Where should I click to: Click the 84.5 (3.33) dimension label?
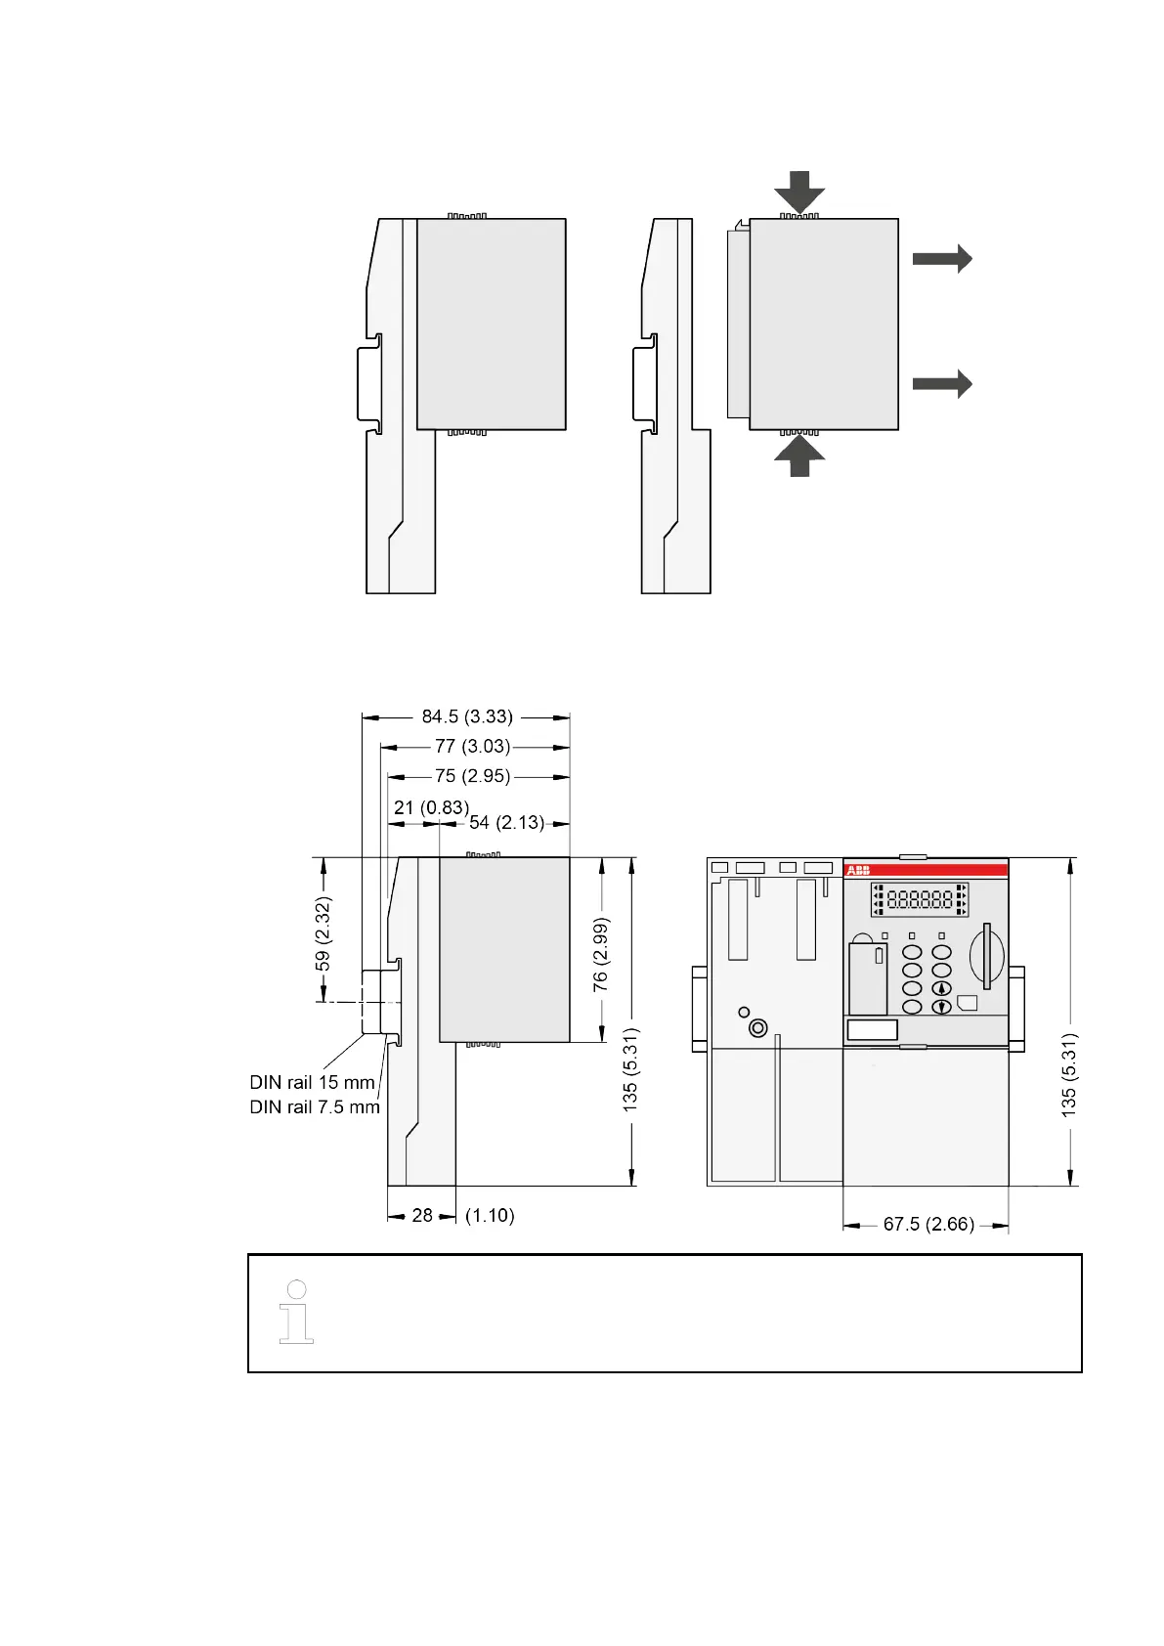(x=466, y=716)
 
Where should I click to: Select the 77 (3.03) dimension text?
(x=472, y=747)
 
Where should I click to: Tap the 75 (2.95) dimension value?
(x=472, y=776)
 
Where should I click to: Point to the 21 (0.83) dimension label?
(x=431, y=807)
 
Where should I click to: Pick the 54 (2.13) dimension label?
(x=507, y=822)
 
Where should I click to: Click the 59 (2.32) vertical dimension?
(x=323, y=933)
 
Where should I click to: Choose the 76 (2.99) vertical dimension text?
(x=601, y=955)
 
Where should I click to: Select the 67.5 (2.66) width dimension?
(x=928, y=1224)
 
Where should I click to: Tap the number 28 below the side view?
(x=422, y=1215)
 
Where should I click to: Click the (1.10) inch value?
(x=491, y=1215)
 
